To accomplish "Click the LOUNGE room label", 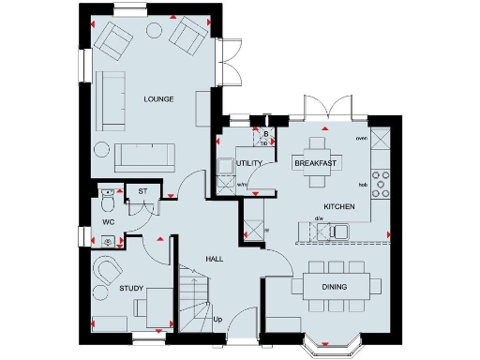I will (158, 98).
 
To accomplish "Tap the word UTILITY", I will (249, 163).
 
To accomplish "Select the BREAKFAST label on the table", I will (316, 163).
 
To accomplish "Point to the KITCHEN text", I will (338, 204).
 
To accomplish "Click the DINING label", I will (335, 287).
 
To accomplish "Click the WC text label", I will (109, 222).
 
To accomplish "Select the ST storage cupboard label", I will (142, 190).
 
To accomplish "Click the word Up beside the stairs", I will (217, 320).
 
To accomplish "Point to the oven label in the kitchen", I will (361, 138).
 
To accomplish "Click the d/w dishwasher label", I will (319, 219).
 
